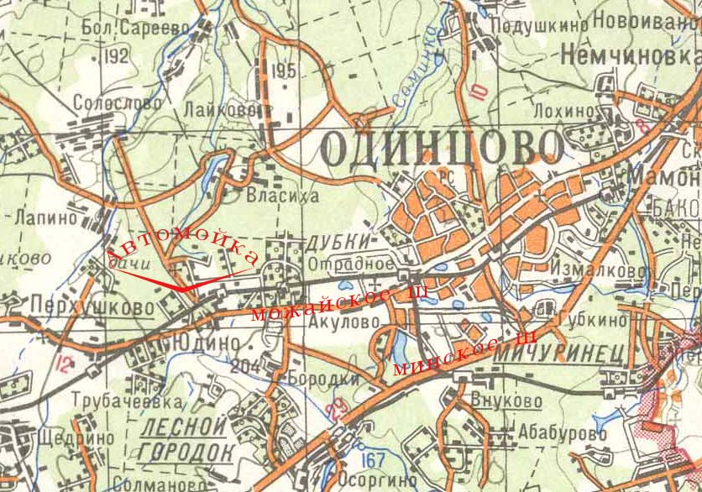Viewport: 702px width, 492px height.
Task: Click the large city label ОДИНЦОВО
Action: coord(442,149)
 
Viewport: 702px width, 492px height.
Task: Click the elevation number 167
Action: coord(374,461)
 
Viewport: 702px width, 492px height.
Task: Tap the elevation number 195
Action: coord(285,71)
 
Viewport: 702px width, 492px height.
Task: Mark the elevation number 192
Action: coord(118,56)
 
